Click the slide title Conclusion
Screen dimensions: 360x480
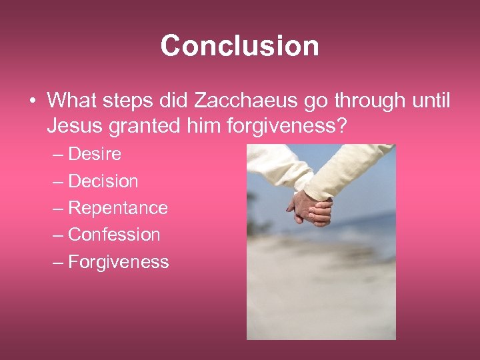pos(239,46)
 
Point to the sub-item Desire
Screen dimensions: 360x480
pos(95,154)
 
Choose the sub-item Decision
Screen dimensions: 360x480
pos(103,181)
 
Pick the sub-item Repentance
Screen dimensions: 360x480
pos(118,208)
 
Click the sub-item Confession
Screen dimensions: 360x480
pos(114,235)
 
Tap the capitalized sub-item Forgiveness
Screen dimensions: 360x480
pos(119,262)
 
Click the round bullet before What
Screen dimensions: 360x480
pos(33,101)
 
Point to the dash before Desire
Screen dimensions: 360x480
pos(58,155)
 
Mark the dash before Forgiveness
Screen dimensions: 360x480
pos(58,262)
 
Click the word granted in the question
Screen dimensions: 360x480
pos(143,126)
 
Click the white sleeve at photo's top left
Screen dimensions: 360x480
pos(277,167)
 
